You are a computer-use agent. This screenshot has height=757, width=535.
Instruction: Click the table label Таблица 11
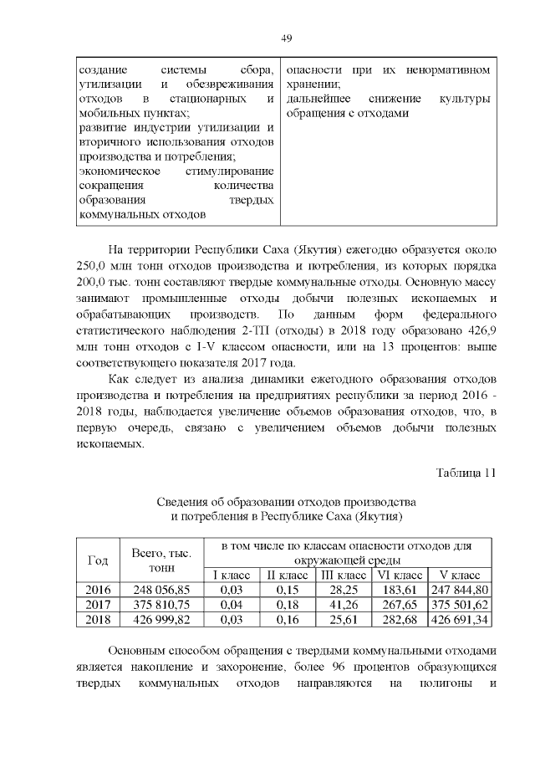[x=466, y=472]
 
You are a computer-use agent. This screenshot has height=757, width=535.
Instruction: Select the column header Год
[x=98, y=560]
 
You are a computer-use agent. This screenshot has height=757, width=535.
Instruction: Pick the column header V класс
[x=459, y=575]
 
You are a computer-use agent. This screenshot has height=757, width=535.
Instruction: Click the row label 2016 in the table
[x=98, y=591]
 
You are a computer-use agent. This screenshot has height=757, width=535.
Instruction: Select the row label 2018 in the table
[x=98, y=620]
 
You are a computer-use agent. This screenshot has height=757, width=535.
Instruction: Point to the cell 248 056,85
[x=162, y=591]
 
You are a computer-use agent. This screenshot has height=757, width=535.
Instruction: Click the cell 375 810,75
[x=162, y=605]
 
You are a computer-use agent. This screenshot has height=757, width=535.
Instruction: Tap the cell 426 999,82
[x=162, y=620]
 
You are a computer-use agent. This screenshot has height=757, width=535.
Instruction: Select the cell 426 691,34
[x=459, y=620]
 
